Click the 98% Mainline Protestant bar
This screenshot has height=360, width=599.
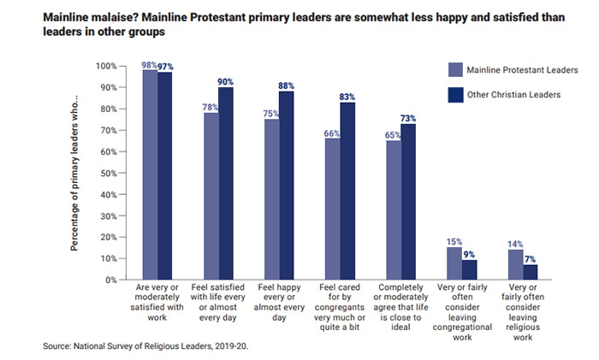coord(150,175)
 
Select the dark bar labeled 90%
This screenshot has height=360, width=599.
coord(227,184)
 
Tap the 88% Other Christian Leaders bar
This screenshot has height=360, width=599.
coord(287,186)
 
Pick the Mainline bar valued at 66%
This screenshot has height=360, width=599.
coord(332,209)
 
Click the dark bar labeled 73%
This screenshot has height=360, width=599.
coord(408,202)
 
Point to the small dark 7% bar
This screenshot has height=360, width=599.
coord(531,272)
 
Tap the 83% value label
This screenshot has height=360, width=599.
coord(347,97)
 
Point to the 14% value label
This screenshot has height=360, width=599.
coord(515,244)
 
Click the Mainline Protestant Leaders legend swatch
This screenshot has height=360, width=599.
coord(455,69)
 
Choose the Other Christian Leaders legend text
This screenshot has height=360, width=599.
coord(513,95)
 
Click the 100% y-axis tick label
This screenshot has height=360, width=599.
coord(105,66)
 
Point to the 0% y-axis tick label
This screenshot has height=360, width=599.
coord(110,280)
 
